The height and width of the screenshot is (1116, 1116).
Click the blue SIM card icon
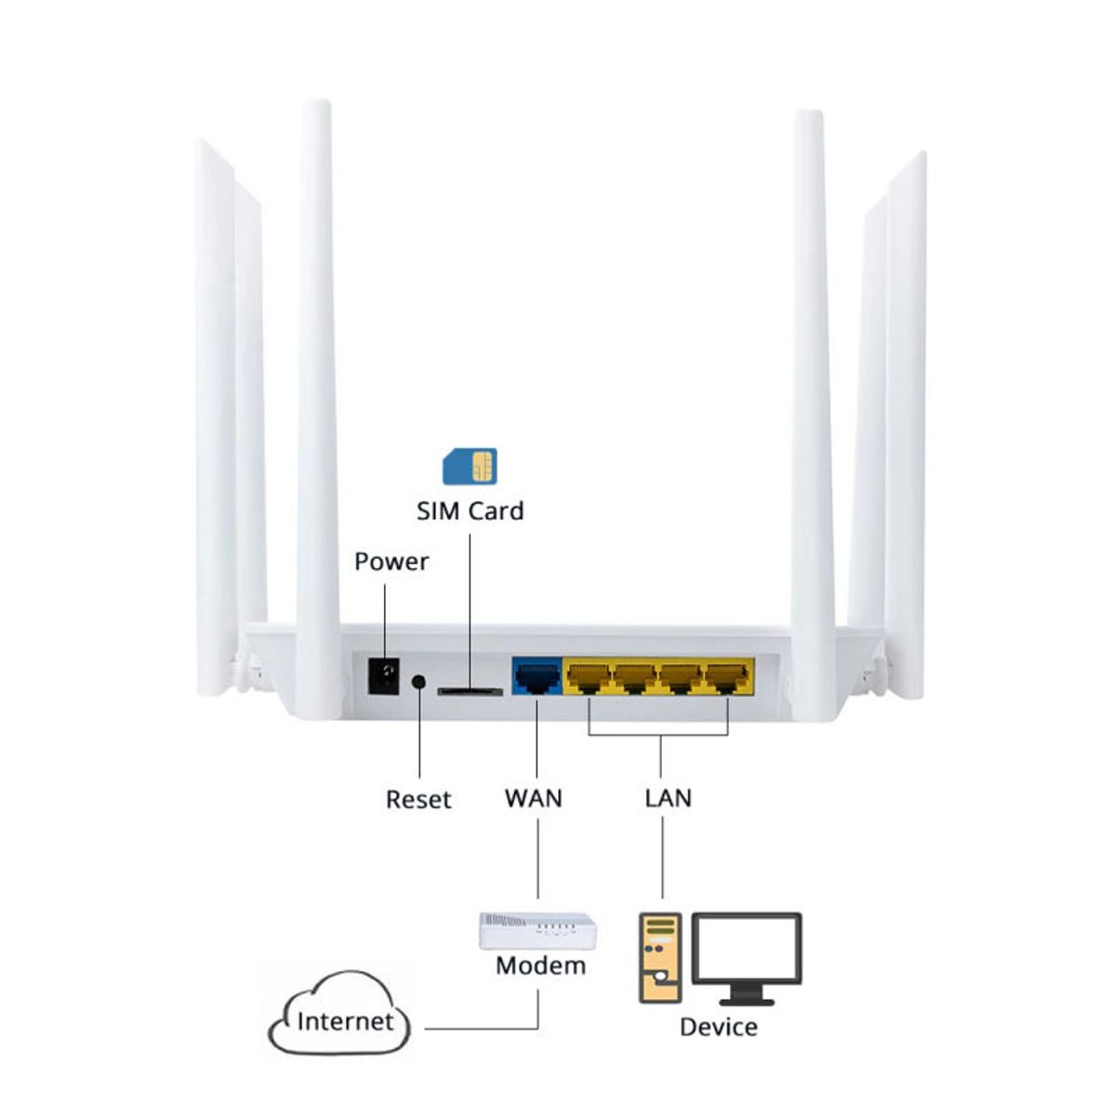point(470,466)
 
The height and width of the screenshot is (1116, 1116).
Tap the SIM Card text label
point(470,511)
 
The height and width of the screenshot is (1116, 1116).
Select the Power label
point(392,562)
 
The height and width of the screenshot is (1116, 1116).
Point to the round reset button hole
point(418,682)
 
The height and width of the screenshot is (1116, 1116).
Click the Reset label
point(418,799)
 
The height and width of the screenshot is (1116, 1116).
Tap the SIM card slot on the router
point(470,691)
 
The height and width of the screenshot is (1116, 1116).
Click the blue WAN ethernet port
point(537,677)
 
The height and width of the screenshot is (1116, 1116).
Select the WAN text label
point(534,798)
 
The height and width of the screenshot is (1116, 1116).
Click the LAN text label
point(668,798)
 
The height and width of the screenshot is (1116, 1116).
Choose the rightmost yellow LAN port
point(727,677)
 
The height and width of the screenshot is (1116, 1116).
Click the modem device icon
point(538,931)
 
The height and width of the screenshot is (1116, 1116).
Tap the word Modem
point(540,965)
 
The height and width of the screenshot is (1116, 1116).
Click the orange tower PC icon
point(660,958)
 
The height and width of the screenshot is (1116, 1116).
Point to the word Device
point(718,1027)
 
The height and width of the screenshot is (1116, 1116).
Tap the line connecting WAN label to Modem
point(538,860)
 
